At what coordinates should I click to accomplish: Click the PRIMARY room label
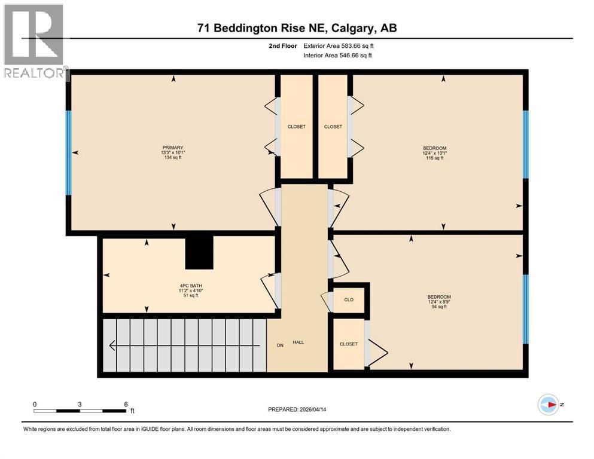tap(172, 148)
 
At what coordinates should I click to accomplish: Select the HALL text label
tap(298, 342)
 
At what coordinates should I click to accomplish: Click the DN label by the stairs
tap(279, 345)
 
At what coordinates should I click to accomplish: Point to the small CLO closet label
tap(349, 301)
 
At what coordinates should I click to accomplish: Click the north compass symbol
tap(548, 405)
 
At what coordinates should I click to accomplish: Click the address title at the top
tap(297, 27)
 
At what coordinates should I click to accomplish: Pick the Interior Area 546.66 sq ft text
tap(338, 55)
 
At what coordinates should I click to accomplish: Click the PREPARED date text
tap(301, 409)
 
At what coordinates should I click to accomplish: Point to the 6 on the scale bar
tap(126, 405)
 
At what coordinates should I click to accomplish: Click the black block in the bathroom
tap(199, 252)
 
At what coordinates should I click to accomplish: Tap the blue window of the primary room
tap(69, 153)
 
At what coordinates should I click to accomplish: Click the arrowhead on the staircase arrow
tap(112, 345)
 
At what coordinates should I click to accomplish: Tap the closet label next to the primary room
tap(296, 127)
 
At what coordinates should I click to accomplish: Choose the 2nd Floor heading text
tap(283, 45)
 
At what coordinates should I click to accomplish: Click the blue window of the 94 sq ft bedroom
tap(526, 308)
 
